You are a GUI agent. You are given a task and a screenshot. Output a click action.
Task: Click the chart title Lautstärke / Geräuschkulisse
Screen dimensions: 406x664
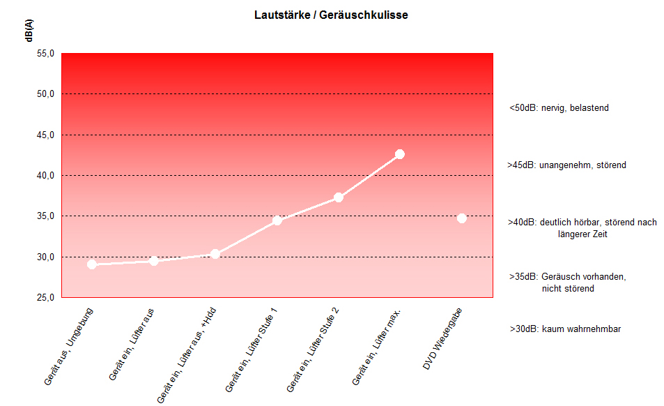tap(331, 15)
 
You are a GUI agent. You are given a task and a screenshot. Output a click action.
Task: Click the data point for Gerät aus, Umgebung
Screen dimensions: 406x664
tap(92, 264)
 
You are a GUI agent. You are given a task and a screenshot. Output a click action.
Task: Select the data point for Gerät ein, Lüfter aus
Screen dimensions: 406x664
tap(154, 261)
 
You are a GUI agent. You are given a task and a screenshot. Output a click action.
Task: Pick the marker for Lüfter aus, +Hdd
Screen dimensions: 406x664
tap(215, 254)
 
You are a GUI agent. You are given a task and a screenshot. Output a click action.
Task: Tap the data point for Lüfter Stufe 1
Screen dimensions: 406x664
tap(277, 220)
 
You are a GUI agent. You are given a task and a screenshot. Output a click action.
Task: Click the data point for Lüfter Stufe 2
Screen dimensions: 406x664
tap(339, 197)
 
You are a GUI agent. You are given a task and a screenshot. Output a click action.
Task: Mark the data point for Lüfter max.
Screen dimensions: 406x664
tap(400, 154)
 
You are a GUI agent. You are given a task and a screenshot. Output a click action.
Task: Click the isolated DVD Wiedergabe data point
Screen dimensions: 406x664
tap(461, 218)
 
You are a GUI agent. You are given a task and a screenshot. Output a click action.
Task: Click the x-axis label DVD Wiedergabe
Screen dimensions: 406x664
tap(444, 339)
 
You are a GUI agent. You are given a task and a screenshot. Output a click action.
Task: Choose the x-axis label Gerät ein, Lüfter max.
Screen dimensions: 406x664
tap(377, 346)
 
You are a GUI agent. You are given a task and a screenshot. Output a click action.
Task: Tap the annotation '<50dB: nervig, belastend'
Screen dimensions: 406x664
tap(559, 108)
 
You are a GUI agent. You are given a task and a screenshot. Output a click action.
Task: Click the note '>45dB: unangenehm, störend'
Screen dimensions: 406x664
tap(566, 165)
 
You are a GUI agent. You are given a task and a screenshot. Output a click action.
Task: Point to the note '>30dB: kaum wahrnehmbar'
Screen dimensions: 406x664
tap(565, 329)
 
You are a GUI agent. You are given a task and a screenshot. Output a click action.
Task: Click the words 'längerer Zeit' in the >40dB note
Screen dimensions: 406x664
tap(582, 234)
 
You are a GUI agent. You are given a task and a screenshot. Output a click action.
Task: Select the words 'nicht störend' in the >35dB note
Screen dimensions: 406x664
tap(568, 288)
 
